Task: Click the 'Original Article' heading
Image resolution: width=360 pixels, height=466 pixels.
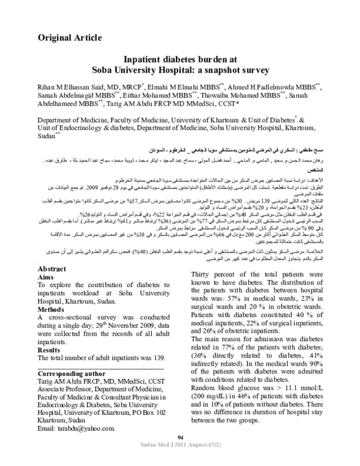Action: (70, 38)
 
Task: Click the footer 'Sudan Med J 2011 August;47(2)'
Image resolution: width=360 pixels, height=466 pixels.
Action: (180, 460)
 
